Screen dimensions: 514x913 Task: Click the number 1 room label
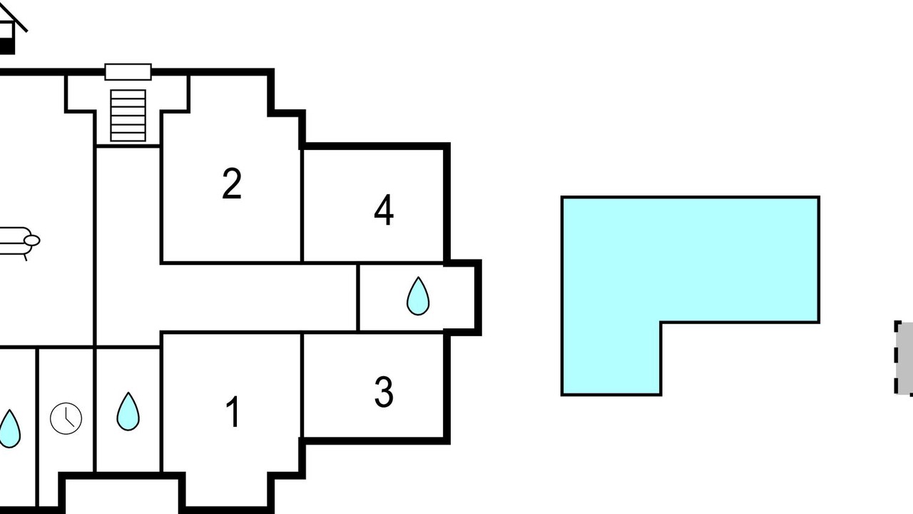coord(233,413)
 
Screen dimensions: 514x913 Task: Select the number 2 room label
coord(232,183)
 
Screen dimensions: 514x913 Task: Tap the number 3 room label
coord(384,391)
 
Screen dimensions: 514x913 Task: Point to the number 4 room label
coord(384,211)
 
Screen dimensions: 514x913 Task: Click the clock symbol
coord(66,418)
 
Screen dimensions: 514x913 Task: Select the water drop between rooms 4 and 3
coord(418,296)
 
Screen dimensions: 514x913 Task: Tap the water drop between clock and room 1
coord(128,412)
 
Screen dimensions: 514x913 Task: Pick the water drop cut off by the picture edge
coord(9,428)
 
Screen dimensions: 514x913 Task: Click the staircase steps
coord(128,114)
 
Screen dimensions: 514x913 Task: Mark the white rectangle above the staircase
coord(128,71)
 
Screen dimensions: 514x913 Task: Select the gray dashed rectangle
coord(904,358)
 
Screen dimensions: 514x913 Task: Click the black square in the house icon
coord(6,46)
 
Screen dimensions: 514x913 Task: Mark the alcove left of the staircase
coord(80,93)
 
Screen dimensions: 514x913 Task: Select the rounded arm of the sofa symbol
coord(33,241)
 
